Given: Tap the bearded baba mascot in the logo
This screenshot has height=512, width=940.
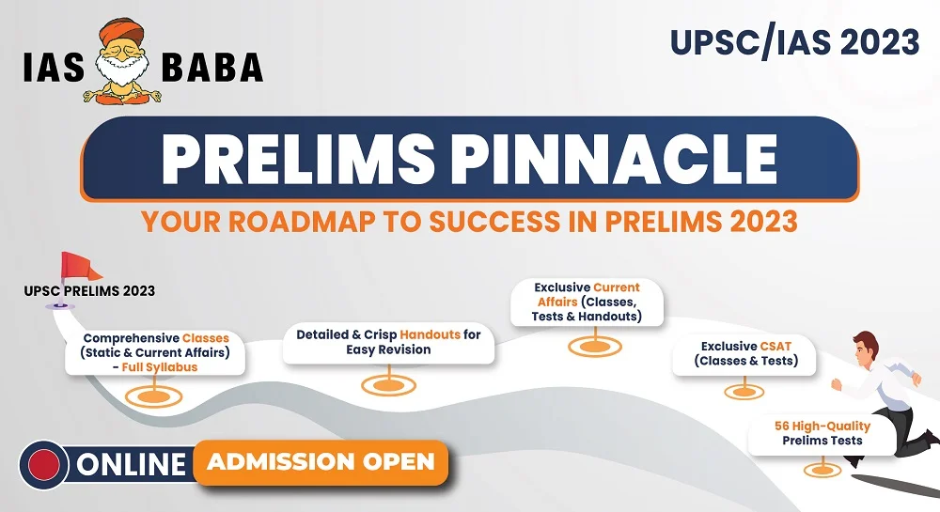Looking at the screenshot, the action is [x=123, y=61].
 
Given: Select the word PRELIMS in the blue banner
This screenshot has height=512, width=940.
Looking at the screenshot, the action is [x=297, y=159].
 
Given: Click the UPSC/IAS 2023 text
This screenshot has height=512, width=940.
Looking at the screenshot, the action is [x=795, y=42].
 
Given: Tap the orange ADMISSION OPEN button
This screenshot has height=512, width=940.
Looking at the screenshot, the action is [x=321, y=462].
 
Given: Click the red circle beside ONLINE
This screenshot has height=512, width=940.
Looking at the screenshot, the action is [x=44, y=465].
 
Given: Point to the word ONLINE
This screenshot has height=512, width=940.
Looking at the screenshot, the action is [x=131, y=465].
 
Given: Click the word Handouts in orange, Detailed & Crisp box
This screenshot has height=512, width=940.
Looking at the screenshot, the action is [x=430, y=334].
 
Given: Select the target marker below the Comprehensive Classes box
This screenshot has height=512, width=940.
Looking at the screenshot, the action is [x=154, y=396].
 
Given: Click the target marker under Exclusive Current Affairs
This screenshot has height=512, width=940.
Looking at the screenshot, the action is [x=595, y=346].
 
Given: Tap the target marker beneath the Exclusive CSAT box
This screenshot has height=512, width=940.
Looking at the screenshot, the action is [x=744, y=392].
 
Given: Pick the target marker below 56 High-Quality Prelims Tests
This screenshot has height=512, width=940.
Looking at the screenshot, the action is [x=822, y=470].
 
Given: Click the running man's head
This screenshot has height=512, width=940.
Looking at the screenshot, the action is [x=866, y=349].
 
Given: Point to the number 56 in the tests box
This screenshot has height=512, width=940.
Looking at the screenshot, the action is [x=782, y=426].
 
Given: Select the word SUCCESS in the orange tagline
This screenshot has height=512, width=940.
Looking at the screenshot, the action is [x=494, y=222].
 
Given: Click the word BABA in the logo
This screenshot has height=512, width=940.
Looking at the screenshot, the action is [x=212, y=67].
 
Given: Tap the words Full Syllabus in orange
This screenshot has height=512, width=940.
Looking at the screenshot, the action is [x=160, y=367].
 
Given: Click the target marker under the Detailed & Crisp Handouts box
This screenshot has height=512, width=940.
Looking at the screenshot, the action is [x=388, y=385].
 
